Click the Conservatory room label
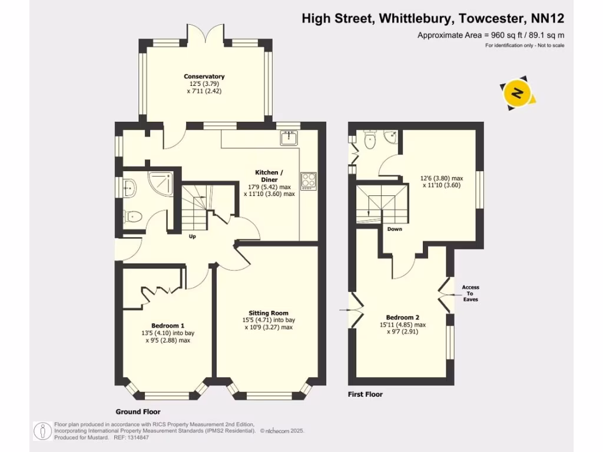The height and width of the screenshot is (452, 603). pos(204,77)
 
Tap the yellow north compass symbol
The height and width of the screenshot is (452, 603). pos(518,93)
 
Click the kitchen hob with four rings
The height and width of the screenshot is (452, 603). pos(309,180)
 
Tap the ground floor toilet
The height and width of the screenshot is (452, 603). pos(133,216)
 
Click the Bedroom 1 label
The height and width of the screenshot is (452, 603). pos(168,325)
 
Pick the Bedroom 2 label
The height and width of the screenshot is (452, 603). pos(402,317)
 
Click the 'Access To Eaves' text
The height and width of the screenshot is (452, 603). pos(471,293)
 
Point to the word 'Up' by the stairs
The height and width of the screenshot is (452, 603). pos(192,237)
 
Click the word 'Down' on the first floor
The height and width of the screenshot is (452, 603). pos(395,229)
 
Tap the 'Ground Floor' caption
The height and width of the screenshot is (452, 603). pos(138,412)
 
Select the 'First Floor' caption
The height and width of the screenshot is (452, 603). pos(365,394)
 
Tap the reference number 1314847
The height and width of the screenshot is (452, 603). pos(146,437)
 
